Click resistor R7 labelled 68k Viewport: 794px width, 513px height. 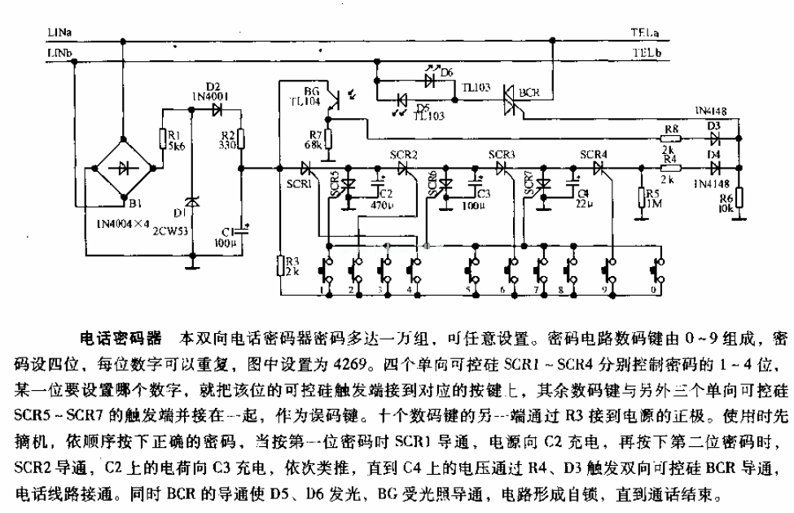click(x=329, y=143)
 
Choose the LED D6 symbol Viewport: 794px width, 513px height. click(x=429, y=80)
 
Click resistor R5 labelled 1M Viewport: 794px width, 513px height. click(x=641, y=198)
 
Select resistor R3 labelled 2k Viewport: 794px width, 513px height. click(x=279, y=265)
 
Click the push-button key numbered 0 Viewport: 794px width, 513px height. click(x=656, y=270)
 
